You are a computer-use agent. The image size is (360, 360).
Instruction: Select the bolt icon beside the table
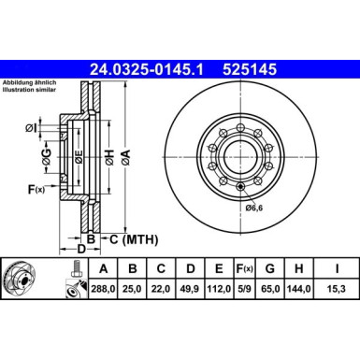72,281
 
